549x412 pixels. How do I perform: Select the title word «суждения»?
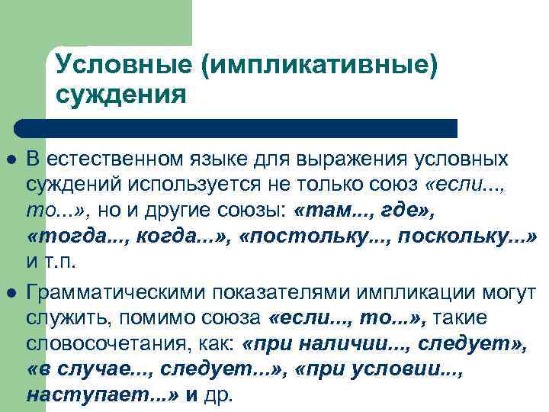point(121,95)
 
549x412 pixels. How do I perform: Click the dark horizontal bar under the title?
point(236,128)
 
